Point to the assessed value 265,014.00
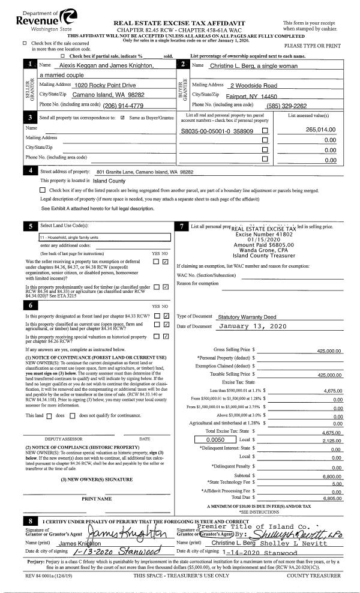(x=318, y=130)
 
